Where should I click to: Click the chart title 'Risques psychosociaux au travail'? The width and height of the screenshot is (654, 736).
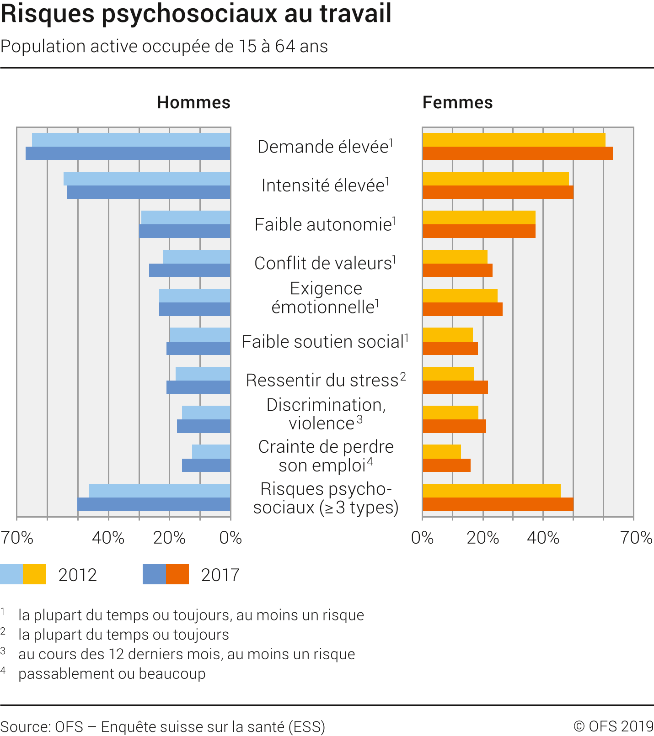coord(196,14)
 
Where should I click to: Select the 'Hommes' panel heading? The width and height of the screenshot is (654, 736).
coord(193,103)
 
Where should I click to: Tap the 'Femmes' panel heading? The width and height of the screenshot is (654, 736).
coord(457,103)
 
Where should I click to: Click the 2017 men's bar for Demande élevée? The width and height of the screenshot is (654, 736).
coord(128,154)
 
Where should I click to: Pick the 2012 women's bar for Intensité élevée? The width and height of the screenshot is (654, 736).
coord(496,179)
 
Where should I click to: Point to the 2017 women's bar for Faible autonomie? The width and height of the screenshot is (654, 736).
coord(479,231)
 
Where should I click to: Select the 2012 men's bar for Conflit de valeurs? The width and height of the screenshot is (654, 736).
coord(197,257)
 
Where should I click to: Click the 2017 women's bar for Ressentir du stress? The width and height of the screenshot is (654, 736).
coord(455,387)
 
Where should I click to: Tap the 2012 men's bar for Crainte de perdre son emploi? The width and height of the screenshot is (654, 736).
coord(211,451)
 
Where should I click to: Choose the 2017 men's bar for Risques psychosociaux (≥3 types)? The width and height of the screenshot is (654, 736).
coord(154,504)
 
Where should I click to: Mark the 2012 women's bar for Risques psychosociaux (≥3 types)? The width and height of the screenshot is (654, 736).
coord(492,491)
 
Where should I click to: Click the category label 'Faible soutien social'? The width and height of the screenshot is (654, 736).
coord(325,342)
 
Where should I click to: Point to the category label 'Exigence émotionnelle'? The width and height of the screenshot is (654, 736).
coord(326,298)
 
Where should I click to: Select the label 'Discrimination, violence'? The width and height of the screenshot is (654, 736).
coord(326,414)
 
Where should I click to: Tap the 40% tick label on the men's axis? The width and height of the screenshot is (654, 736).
coord(108,538)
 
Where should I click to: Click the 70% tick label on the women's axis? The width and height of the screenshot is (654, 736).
coord(636,538)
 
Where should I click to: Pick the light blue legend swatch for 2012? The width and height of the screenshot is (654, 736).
coord(11,574)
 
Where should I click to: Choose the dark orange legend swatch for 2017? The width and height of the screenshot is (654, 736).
coord(177,574)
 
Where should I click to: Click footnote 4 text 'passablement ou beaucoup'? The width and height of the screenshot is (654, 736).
coord(112,674)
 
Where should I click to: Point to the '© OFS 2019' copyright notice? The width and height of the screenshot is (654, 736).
coord(613,726)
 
